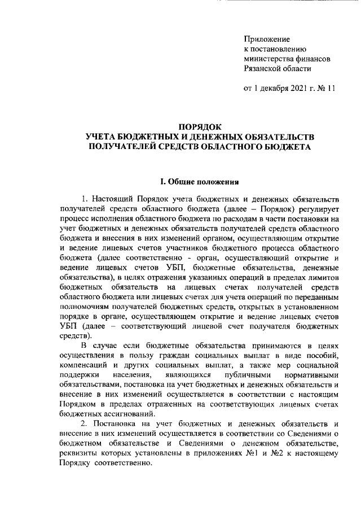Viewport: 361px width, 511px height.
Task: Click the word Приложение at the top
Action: click(x=266, y=40)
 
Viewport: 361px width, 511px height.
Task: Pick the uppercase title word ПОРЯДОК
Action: click(x=200, y=128)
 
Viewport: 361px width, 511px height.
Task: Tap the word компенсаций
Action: click(x=85, y=364)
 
